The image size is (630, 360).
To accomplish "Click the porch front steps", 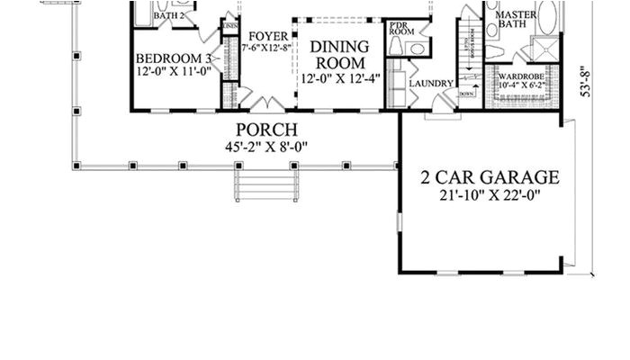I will (266, 186).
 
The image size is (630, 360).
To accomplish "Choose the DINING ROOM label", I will (339, 54).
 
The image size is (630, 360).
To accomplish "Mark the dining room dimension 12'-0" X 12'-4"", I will (339, 77).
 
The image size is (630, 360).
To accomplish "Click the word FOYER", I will (268, 36).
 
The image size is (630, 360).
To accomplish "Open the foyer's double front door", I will (267, 103).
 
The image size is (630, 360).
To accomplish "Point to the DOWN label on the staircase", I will (466, 94).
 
